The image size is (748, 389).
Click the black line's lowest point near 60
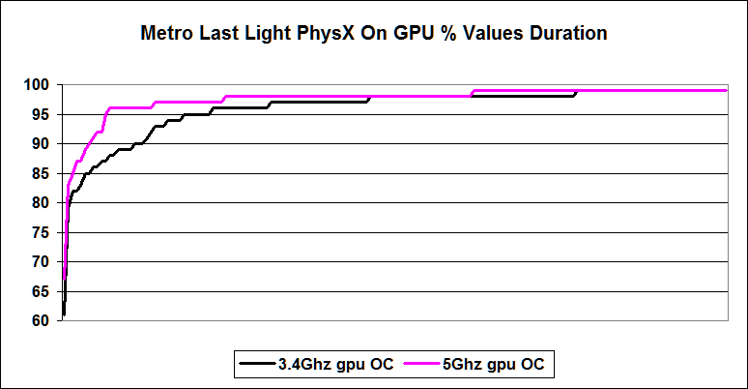point(63,315)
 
